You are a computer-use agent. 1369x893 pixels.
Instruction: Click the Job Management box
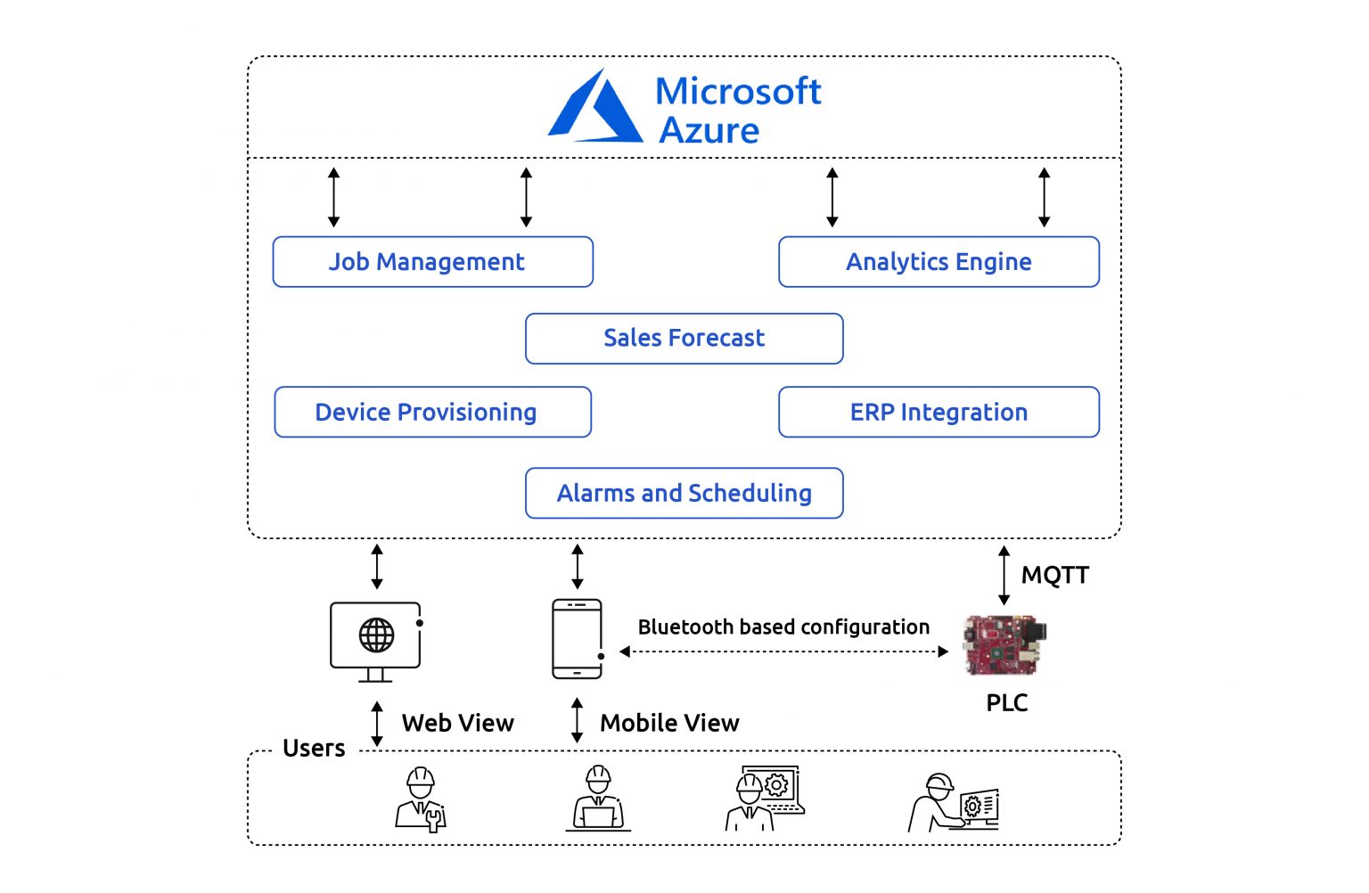point(432,262)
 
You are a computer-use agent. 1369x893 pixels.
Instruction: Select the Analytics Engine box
point(939,262)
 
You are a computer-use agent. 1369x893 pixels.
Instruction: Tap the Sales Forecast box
point(684,339)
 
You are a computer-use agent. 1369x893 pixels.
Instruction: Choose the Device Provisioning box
point(432,412)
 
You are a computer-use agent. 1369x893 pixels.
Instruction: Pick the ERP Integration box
point(939,412)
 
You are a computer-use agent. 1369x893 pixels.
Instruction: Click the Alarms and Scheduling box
point(684,493)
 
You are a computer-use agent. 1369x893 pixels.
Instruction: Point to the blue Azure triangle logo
point(594,105)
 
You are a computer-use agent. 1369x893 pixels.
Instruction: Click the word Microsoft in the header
point(738,91)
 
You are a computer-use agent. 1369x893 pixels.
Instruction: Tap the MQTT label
point(1055,575)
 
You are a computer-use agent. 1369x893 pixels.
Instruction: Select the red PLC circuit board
point(1004,645)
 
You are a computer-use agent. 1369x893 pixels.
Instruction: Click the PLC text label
point(1006,703)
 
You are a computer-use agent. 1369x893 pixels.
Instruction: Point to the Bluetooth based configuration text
point(783,627)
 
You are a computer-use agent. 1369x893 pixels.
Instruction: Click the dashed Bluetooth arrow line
point(783,651)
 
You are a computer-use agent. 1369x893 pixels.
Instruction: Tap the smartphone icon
point(577,639)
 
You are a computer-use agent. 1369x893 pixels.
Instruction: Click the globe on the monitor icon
point(376,635)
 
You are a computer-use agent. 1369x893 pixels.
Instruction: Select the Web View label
point(458,723)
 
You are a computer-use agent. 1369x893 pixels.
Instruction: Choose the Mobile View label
point(669,723)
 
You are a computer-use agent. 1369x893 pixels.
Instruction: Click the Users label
point(314,748)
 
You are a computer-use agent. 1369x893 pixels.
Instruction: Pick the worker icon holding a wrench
point(421,799)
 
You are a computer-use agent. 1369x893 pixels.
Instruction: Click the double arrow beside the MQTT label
point(1004,576)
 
